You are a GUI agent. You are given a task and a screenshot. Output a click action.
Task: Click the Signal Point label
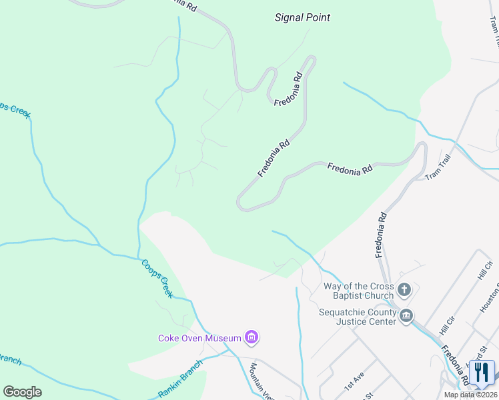(x=302, y=17)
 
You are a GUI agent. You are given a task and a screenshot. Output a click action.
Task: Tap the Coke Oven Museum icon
(x=252, y=338)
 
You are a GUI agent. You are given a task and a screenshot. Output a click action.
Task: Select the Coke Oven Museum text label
(x=199, y=338)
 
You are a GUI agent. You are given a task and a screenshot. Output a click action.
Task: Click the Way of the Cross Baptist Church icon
(x=404, y=290)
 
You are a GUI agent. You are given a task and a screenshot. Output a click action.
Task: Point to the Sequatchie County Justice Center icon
(x=406, y=315)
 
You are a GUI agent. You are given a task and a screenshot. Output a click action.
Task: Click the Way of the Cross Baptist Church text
(x=358, y=291)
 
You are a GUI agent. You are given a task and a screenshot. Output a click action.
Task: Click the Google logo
(x=22, y=392)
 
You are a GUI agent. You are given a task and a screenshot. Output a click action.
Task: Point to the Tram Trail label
(x=439, y=167)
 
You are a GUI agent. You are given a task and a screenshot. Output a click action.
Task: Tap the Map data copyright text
(x=471, y=395)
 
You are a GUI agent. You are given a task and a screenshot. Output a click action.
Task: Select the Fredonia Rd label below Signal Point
(x=288, y=88)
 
